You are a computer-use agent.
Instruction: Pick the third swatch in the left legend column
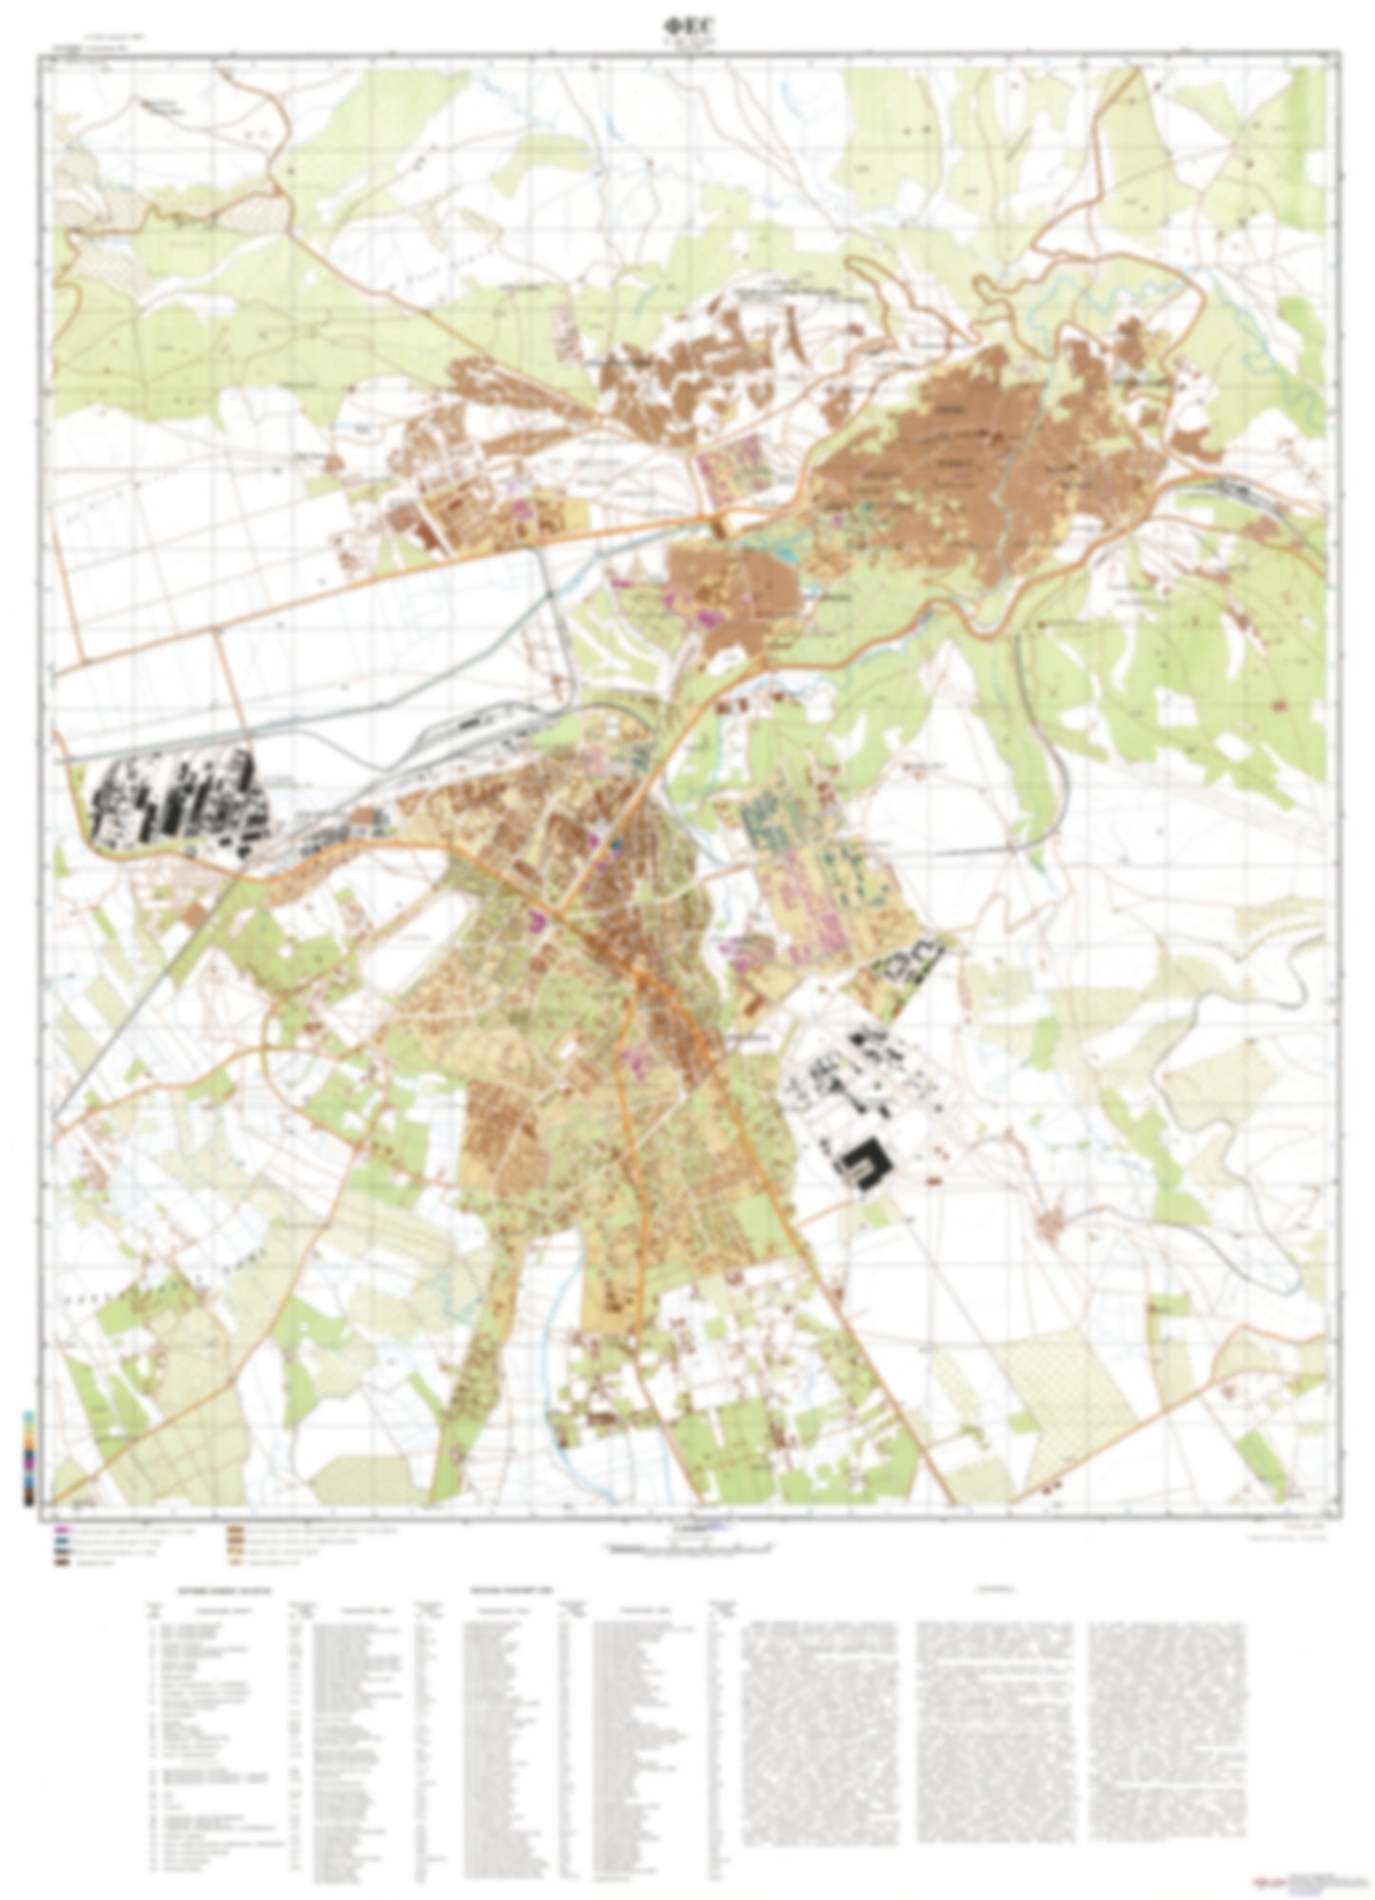[62, 1551]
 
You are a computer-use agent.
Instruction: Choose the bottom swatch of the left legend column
[62, 1562]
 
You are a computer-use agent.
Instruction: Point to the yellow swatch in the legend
[233, 1551]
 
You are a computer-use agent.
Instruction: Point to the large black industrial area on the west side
[176, 804]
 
